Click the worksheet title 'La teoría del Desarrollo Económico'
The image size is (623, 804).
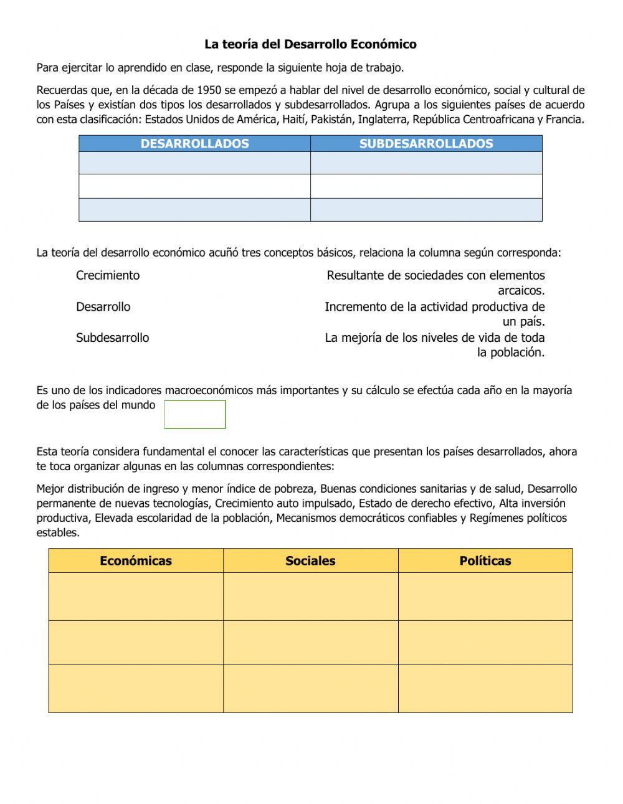point(310,44)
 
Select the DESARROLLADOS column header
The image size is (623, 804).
point(194,144)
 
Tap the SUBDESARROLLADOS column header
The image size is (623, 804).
point(426,144)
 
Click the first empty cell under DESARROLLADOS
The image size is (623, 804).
point(194,163)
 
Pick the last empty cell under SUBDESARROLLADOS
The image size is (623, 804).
point(426,210)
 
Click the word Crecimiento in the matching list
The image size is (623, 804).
point(108,275)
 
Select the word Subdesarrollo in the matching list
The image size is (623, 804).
point(112,338)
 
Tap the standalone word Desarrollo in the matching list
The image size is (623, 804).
point(103,306)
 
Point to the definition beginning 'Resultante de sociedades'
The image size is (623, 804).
point(435,282)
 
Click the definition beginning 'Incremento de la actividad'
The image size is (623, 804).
point(434,313)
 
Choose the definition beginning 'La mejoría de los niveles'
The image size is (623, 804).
point(434,344)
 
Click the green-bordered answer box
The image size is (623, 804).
point(194,414)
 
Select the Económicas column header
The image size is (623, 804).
point(136,560)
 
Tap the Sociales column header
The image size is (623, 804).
point(310,560)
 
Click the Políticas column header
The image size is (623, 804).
point(485,560)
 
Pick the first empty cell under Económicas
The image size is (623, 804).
point(136,596)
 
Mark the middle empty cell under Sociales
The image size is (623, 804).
point(310,642)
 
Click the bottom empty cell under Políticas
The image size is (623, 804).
point(485,688)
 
